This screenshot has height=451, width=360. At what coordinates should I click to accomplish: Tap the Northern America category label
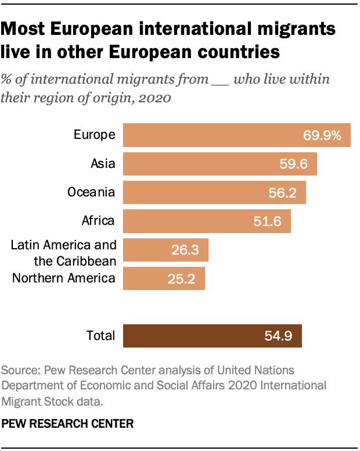click(x=64, y=278)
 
